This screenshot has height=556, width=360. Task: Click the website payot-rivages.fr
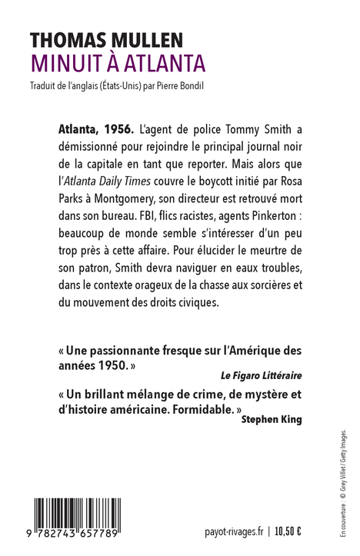[x=235, y=531]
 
